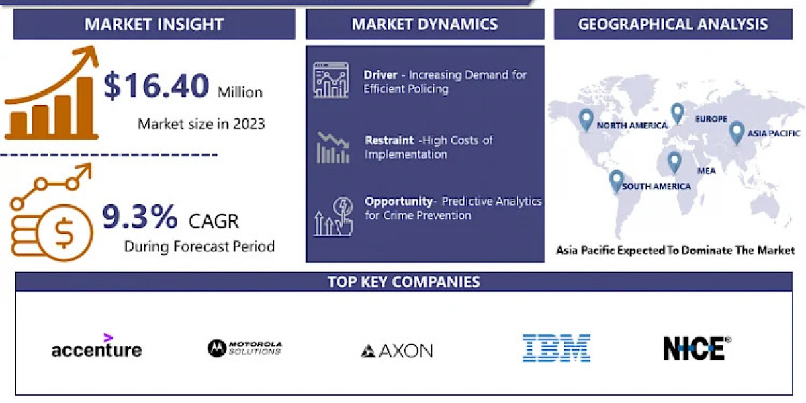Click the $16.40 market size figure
(156, 86)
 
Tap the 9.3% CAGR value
(140, 216)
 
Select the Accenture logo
(97, 346)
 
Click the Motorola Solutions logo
(244, 348)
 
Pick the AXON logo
(396, 351)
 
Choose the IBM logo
(556, 348)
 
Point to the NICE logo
(697, 348)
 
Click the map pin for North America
(586, 120)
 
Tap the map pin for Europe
(678, 114)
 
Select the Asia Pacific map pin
(737, 133)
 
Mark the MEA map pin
(674, 163)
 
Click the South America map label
(656, 187)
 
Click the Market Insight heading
(154, 24)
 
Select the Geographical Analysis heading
(673, 24)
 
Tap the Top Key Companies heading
(404, 281)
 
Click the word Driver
(380, 75)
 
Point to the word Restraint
(390, 140)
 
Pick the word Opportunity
(399, 201)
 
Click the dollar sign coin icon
(64, 232)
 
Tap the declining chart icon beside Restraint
(333, 148)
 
